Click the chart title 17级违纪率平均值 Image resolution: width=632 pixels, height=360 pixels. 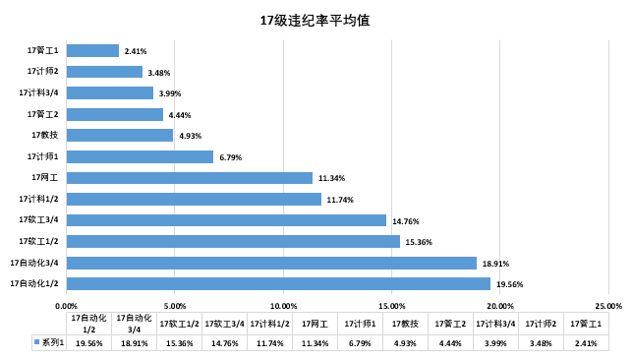315,20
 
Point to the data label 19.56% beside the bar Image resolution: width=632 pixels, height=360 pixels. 509,284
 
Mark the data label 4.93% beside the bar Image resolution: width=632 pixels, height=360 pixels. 190,136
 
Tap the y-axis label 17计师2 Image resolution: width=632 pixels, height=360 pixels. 43,71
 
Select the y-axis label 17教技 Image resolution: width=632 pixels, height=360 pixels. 45,135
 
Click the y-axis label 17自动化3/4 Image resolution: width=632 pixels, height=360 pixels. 34,263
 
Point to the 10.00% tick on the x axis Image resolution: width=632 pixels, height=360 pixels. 283,305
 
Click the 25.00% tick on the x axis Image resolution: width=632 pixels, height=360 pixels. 608,305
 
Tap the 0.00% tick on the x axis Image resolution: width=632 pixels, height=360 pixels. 66,305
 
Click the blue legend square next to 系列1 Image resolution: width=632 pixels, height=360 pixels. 37,343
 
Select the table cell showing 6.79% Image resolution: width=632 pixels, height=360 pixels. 360,343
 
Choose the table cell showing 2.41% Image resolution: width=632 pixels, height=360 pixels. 585,343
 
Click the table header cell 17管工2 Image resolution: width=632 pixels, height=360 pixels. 450,323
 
